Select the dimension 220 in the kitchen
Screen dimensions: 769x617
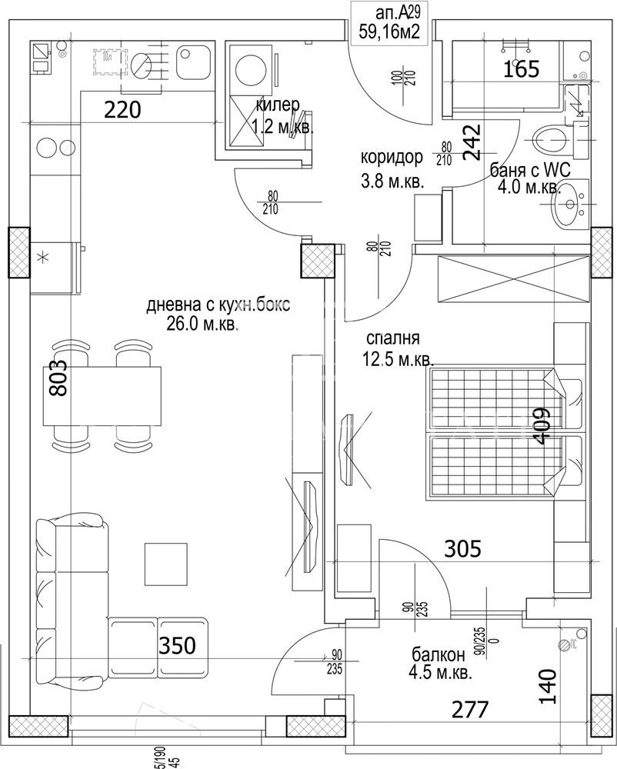tap(123, 111)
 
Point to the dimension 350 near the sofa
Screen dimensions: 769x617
tap(177, 644)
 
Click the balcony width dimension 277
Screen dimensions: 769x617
tap(469, 709)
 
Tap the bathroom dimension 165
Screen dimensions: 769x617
tap(522, 70)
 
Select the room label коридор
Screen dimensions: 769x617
tap(392, 158)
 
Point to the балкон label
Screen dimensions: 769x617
tap(438, 656)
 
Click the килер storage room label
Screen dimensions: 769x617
tap(278, 105)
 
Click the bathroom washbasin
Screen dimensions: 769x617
tap(569, 205)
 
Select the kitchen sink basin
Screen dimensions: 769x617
tap(191, 63)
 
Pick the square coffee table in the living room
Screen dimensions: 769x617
tap(165, 563)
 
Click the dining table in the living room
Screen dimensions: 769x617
tap(102, 395)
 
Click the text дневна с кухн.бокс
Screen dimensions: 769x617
tap(218, 305)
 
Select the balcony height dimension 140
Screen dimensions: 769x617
tap(546, 687)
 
